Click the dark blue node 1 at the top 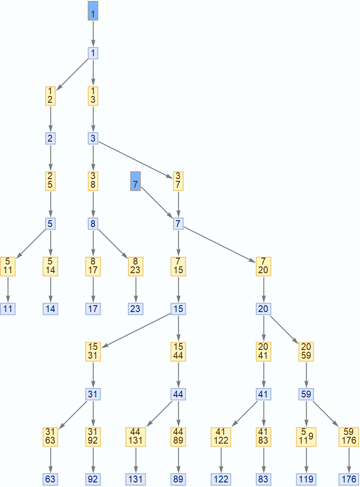coord(93,11)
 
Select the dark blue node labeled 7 coord(135,181)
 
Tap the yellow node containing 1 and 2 coord(50,96)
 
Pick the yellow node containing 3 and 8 coord(93,181)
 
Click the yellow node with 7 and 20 coord(263,266)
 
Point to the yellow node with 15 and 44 coord(178,352)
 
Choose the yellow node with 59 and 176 coord(349,437)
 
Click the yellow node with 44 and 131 coord(136,437)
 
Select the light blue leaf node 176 coord(349,479)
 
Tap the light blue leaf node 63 coord(50,479)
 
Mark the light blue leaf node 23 coord(135,309)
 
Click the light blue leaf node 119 coord(306,479)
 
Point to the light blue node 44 coord(178,394)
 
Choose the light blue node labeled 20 coord(263,309)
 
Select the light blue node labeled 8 coord(93,224)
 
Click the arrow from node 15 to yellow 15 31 coord(136,330)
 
